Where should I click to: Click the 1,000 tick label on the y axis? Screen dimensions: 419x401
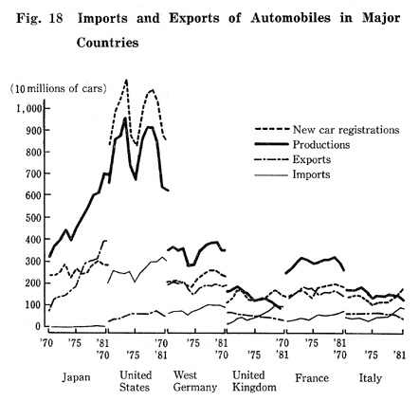tap(29, 109)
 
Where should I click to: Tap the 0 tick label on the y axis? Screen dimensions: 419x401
tap(38, 326)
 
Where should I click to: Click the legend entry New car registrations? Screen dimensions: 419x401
tap(346, 130)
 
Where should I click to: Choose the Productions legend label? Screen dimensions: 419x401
tap(321, 145)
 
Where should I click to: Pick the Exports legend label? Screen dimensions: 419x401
tap(312, 159)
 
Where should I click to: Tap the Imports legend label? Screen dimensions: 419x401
tap(311, 174)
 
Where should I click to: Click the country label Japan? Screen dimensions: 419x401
tap(76, 377)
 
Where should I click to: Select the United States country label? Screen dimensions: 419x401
tap(136, 381)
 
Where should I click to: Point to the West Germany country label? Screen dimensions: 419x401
tap(195, 381)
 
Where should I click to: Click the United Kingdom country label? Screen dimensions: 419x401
tap(254, 381)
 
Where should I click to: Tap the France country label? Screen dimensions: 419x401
tap(312, 378)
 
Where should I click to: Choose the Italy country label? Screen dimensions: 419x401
tap(371, 378)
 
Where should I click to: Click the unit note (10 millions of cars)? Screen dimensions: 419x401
tap(58, 88)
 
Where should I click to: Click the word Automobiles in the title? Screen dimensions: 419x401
tap(291, 18)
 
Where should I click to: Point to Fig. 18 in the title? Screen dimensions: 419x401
tap(40, 18)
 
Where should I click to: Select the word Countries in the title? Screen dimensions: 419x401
tap(107, 43)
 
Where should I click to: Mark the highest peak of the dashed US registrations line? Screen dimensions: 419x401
tap(126, 80)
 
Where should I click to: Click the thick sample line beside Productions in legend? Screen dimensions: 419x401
tap(272, 145)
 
